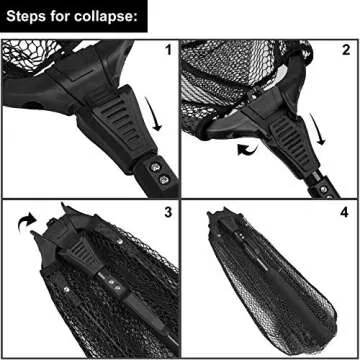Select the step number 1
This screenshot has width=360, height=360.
click(167, 49)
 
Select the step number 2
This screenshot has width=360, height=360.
click(345, 49)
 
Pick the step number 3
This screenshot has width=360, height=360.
click(167, 212)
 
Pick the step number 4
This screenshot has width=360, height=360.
click(345, 212)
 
